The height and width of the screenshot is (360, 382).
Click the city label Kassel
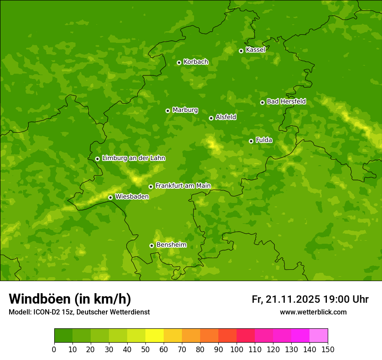(255, 50)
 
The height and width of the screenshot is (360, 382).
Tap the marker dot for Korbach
(179, 62)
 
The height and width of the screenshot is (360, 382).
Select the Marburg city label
(185, 110)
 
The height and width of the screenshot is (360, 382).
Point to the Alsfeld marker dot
(211, 118)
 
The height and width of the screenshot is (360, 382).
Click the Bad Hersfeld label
(286, 101)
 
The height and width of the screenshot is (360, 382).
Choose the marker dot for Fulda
(251, 141)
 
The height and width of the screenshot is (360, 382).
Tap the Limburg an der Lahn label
(133, 158)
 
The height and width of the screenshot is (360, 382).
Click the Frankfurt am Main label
(183, 186)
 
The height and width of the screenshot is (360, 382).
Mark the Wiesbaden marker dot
(110, 197)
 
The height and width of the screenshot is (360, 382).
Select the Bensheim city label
(171, 245)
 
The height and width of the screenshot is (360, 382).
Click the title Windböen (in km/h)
(70, 299)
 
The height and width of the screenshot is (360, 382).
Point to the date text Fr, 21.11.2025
(286, 299)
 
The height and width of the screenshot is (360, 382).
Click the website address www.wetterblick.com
(313, 312)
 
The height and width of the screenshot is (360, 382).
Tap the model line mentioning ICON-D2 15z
(79, 312)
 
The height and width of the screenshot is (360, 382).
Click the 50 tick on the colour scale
(145, 350)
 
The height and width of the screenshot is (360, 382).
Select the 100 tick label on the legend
(237, 350)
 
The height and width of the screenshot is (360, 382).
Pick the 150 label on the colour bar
(328, 350)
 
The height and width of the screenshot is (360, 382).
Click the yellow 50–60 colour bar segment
(155, 336)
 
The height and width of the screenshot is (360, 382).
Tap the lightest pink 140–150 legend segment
(319, 336)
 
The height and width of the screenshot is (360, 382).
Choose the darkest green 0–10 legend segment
(63, 336)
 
